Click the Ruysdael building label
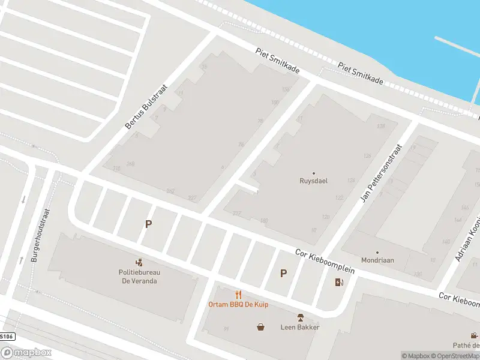(x=313, y=180)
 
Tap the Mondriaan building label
(x=377, y=261)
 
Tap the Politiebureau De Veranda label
(x=139, y=276)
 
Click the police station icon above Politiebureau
(x=139, y=262)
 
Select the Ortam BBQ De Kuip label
(x=238, y=304)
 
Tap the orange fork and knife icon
(x=238, y=294)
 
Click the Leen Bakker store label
(x=300, y=327)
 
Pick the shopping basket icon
(x=261, y=327)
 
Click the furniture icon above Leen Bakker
(x=300, y=317)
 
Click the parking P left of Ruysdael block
(x=148, y=224)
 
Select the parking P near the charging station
(x=283, y=273)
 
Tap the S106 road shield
(x=7, y=337)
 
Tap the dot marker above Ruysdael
(x=313, y=173)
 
